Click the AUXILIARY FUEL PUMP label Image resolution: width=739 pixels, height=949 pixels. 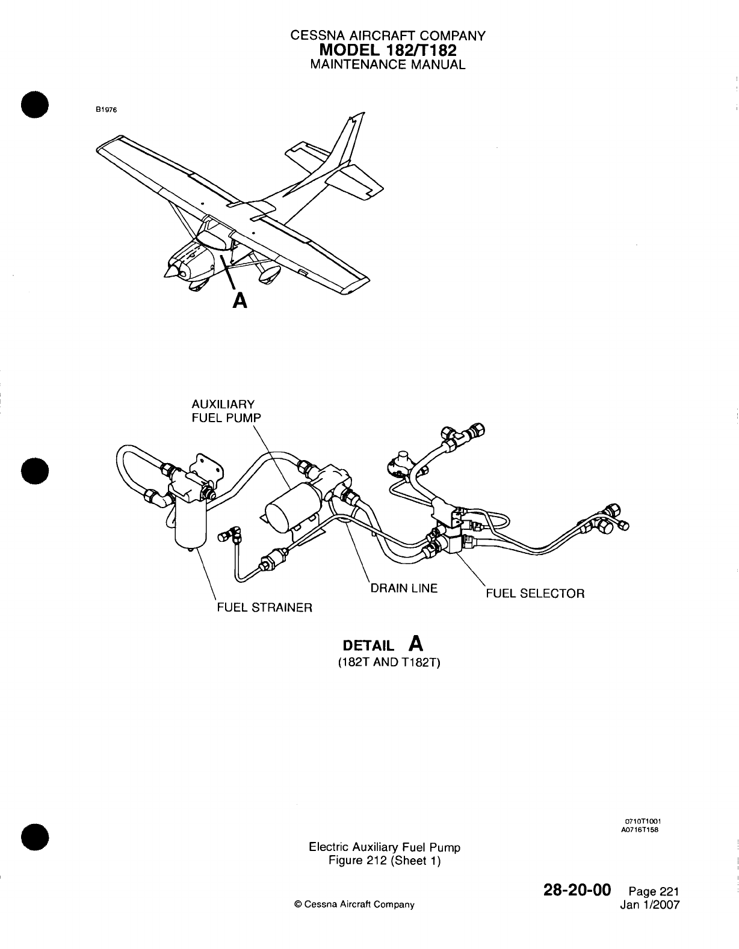click(x=223, y=411)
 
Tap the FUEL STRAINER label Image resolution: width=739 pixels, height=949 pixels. click(x=264, y=607)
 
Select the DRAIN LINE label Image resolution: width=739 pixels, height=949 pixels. click(x=404, y=588)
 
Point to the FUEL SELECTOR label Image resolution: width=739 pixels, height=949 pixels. click(x=535, y=594)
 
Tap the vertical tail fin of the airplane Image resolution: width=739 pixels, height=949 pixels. click(x=350, y=138)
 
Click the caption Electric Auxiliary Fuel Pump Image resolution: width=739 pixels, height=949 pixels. click(x=384, y=847)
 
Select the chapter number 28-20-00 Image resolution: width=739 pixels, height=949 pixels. click(x=576, y=889)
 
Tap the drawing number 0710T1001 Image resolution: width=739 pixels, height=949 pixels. click(x=644, y=821)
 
